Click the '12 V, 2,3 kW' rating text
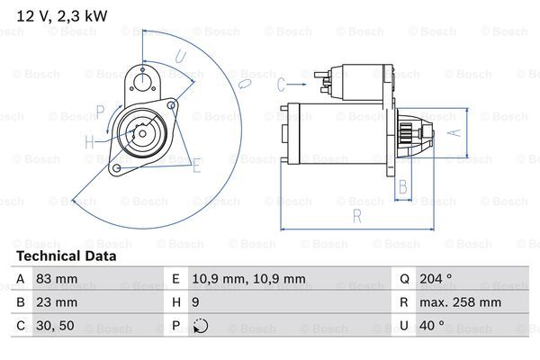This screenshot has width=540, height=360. pos(62,16)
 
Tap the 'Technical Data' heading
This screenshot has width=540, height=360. pos(66,256)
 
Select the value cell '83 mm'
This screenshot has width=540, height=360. pos(57,278)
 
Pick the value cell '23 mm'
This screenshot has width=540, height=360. pos(57,302)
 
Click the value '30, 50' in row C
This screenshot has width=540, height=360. pos(55,326)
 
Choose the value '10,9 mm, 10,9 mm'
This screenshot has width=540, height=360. pos(248,279)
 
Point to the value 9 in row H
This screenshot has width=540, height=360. pos(195,302)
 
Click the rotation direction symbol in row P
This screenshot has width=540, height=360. pos(201,326)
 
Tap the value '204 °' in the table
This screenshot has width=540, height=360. pos(436,278)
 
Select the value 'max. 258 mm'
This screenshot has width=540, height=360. pos(460,302)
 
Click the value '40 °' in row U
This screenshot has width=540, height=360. pos(432,325)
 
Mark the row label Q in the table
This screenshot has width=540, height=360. pos(404,279)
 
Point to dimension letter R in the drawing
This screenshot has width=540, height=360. pos(357,217)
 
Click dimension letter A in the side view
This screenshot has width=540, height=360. pos(455,132)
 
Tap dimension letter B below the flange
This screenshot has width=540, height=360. pos(403,187)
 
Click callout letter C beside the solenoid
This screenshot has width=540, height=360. pos(281,85)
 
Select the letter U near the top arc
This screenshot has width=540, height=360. pos(181,57)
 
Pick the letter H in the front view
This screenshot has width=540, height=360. pos(89,141)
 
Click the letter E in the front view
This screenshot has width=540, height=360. pos(196,166)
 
